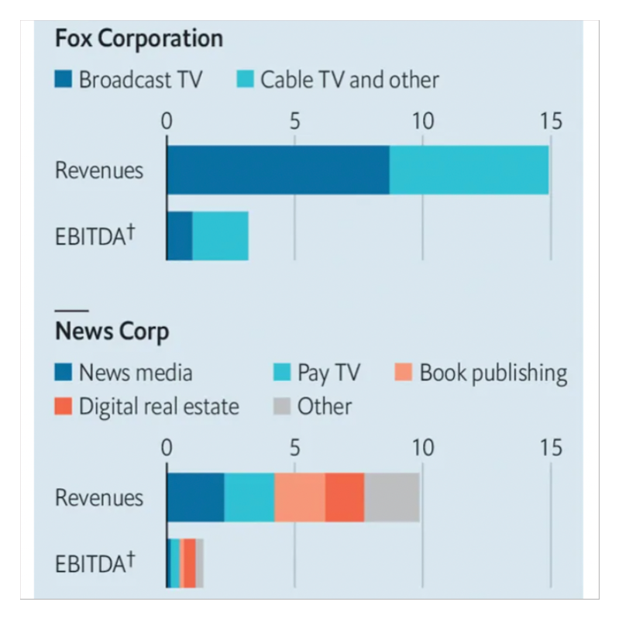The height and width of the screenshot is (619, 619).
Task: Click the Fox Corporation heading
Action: tap(139, 39)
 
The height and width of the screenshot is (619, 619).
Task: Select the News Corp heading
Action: tap(112, 332)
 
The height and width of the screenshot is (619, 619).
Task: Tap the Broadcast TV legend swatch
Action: tap(64, 79)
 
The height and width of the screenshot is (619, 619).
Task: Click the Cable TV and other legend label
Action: tap(349, 79)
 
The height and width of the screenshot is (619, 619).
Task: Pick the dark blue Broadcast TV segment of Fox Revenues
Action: tap(277, 169)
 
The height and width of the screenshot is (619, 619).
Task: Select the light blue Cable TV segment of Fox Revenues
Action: tap(469, 169)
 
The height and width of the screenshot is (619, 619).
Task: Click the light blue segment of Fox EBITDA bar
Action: tap(220, 236)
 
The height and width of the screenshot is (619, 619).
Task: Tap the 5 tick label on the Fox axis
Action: tap(294, 121)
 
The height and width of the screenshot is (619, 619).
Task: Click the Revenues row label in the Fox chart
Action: tap(99, 170)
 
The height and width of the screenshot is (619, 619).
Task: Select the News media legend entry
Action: tap(124, 373)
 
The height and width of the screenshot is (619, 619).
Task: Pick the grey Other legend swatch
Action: tap(284, 406)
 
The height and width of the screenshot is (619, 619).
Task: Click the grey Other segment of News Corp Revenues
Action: tap(391, 497)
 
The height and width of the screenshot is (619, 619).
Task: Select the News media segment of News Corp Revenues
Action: tap(195, 497)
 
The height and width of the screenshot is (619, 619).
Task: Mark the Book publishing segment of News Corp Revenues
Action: tap(300, 497)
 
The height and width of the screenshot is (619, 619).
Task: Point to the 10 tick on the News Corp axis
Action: tap(422, 448)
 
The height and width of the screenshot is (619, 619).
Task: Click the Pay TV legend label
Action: tap(328, 373)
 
